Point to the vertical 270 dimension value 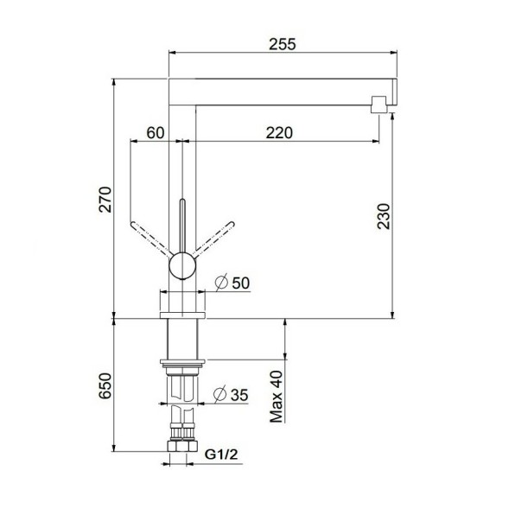(105, 200)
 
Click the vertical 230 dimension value (385, 216)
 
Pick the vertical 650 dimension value (105, 385)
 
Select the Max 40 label (277, 397)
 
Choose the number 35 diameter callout (239, 394)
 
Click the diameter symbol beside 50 (220, 283)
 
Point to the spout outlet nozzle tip (377, 105)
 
